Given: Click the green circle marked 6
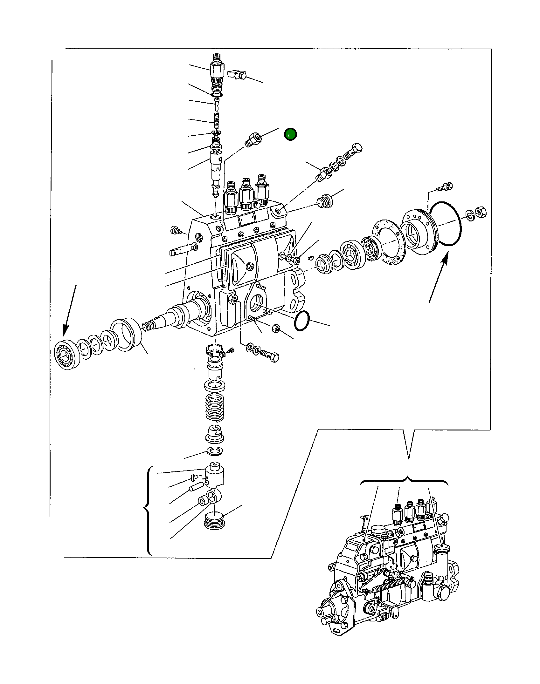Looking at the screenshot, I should [290, 135].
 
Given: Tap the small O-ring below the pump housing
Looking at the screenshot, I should [301, 321].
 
